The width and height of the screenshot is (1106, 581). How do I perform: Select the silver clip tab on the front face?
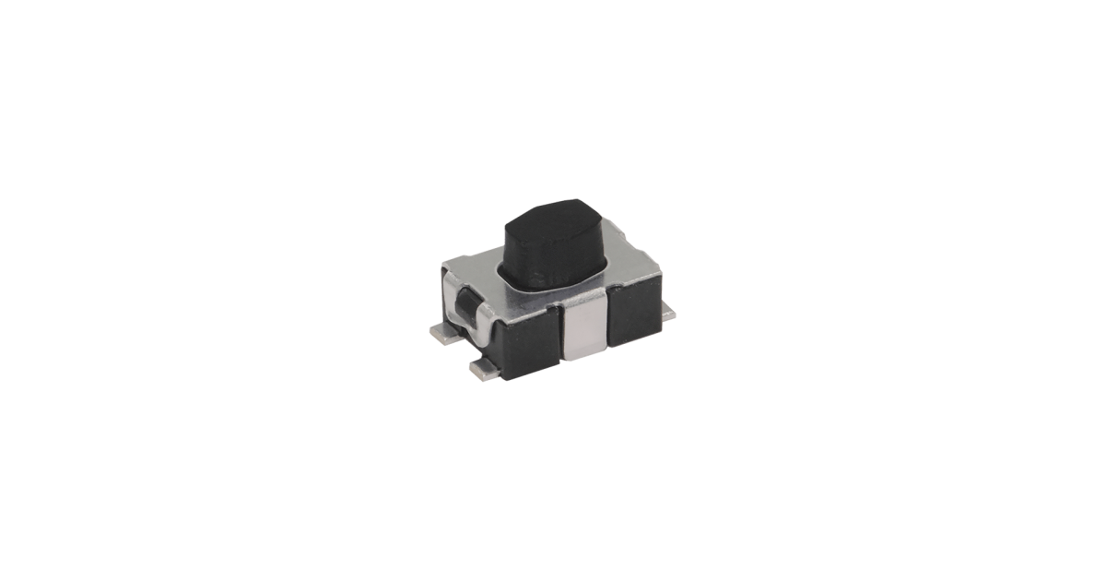click(584, 328)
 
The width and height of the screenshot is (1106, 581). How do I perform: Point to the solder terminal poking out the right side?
click(670, 314)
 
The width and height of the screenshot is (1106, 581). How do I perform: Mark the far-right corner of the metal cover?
click(660, 272)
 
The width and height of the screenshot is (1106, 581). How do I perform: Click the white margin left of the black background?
click(129, 290)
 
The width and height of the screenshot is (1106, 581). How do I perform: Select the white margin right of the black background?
click(977, 290)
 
